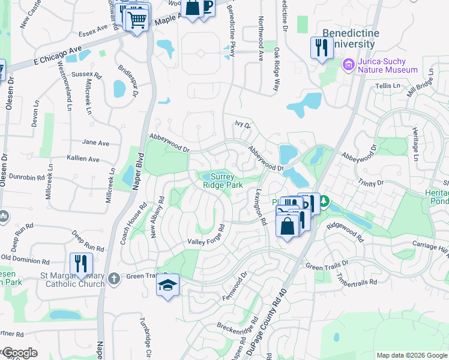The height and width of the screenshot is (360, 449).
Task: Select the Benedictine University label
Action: point(351,38)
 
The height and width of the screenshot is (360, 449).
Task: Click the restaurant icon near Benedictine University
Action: point(321,47)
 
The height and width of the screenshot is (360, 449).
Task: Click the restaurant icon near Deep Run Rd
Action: point(81,263)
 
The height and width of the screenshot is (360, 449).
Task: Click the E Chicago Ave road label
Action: point(57,58)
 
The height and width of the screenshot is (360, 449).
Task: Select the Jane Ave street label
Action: point(95,143)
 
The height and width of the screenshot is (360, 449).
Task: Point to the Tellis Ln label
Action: point(387,86)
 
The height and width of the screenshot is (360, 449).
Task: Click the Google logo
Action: point(19,353)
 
